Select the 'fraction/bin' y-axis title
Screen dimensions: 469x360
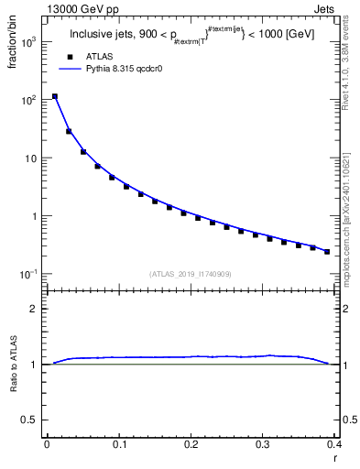point(11,46)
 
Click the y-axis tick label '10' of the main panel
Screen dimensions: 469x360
point(32,158)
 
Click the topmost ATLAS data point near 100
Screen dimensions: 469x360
point(54,96)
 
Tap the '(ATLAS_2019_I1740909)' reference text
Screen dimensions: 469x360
point(189,274)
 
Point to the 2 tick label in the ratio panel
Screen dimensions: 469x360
point(36,309)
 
